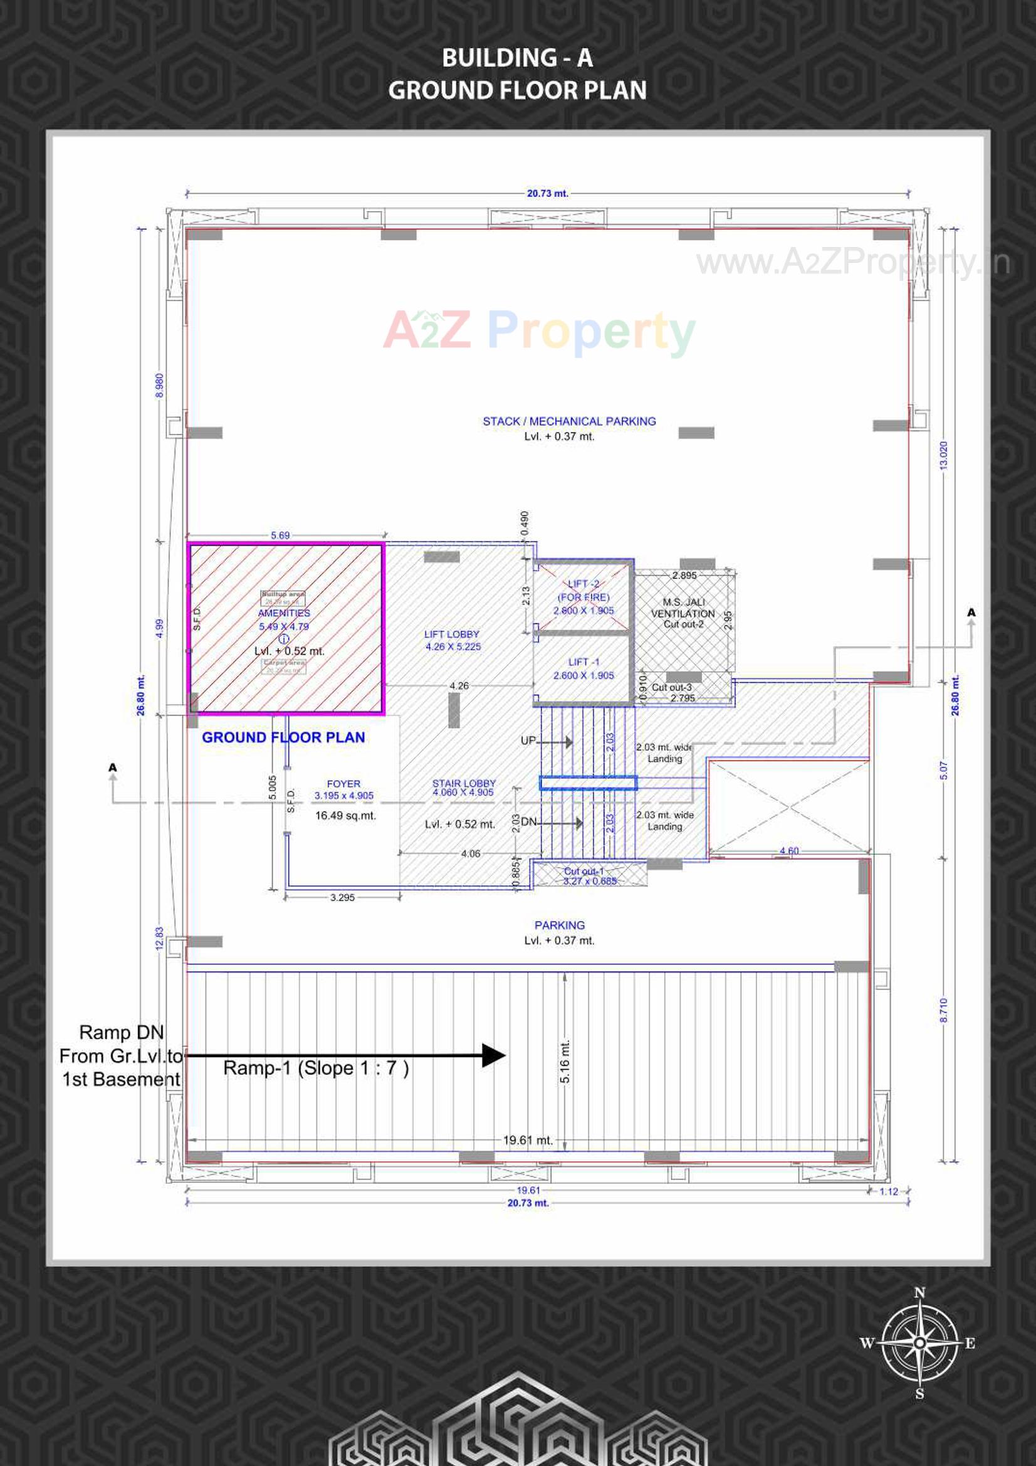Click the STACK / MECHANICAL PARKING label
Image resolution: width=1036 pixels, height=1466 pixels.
click(x=568, y=421)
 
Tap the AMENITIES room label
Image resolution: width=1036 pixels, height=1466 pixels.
click(x=283, y=613)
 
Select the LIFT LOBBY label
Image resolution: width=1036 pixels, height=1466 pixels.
click(x=451, y=634)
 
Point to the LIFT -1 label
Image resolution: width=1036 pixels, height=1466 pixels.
click(x=583, y=662)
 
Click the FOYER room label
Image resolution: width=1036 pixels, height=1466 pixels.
click(x=343, y=783)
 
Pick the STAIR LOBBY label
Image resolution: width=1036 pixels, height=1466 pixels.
click(x=463, y=783)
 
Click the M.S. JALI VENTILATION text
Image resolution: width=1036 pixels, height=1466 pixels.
click(x=683, y=608)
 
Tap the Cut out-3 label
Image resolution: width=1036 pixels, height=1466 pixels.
click(x=671, y=687)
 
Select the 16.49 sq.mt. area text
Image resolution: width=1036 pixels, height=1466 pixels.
click(x=345, y=815)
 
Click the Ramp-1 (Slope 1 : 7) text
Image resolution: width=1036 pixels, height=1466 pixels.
click(x=316, y=1068)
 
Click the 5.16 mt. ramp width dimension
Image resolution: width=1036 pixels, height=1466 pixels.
click(x=565, y=1061)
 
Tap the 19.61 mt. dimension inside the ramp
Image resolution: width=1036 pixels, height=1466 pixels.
click(x=527, y=1140)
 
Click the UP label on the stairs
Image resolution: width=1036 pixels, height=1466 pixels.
click(x=528, y=741)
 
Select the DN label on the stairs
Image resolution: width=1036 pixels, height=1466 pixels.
click(x=528, y=822)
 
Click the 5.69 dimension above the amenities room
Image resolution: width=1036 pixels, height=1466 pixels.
click(x=280, y=535)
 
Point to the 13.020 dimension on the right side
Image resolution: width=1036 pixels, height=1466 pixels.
click(x=943, y=455)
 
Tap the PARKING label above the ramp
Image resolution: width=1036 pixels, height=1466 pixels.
click(x=559, y=925)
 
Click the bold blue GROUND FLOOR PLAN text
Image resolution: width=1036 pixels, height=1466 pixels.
click(x=283, y=737)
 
